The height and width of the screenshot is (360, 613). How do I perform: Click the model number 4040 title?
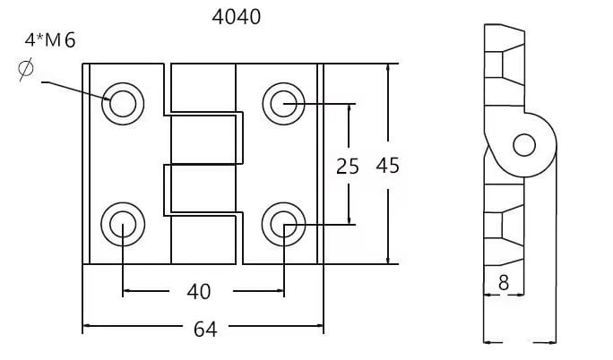point(237,17)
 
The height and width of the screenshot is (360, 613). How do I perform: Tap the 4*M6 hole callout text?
point(50,40)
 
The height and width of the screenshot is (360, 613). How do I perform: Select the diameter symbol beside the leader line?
point(26,69)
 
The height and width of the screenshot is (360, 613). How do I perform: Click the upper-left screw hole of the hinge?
point(123,104)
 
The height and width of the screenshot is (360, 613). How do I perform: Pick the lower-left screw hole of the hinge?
point(123,224)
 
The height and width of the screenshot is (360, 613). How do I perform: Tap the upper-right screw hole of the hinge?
point(283,104)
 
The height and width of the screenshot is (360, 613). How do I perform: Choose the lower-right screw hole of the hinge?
point(283,224)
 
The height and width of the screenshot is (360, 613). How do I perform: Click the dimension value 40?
point(199,292)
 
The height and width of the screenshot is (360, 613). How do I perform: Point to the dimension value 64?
point(205,330)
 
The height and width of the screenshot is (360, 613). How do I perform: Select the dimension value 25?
point(348,167)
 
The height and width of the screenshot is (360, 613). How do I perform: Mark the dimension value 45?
point(388,166)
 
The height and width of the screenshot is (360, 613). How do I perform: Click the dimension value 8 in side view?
point(504,283)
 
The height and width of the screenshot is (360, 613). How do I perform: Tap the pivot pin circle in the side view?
point(524,145)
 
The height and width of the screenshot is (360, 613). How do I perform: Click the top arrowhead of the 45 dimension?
point(388,69)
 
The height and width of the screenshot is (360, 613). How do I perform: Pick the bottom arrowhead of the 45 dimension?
point(388,259)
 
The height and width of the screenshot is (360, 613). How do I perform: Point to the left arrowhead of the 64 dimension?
point(88,325)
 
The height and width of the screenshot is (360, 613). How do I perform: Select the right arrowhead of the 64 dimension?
point(319,325)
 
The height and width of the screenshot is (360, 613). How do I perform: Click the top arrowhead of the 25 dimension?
point(350,109)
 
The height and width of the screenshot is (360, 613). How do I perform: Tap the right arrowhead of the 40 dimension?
point(279,290)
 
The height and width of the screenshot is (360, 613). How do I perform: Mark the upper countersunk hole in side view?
point(505,64)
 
